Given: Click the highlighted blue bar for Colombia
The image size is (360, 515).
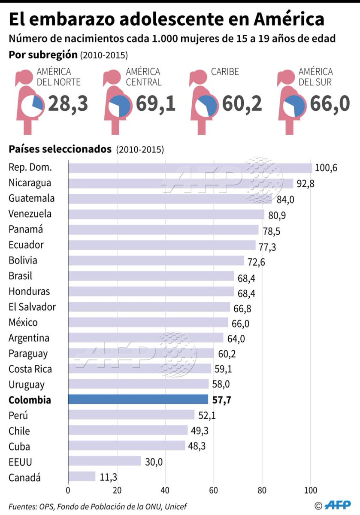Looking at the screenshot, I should pos(138,400).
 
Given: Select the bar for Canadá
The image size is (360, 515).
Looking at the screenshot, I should pos(82,477).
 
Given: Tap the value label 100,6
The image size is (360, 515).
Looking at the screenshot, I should pos(326,168).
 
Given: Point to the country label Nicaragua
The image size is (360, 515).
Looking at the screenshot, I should pos(30,183).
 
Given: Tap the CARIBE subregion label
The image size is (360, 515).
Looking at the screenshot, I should pos(225,72).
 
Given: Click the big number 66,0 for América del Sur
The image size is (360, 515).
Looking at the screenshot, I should pos(330,104).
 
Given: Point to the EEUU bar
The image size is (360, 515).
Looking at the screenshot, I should pos(104,461).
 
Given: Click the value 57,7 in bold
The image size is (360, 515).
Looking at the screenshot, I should pos(221,400).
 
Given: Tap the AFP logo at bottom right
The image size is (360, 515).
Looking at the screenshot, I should pos(338,505).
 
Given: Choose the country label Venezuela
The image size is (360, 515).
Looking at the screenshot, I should pos(30,214).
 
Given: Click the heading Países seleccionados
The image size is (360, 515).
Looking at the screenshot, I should pos(60,149).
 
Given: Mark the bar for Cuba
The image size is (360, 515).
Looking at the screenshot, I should pos(127,446).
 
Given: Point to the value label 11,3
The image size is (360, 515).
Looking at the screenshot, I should pos(108,477).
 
